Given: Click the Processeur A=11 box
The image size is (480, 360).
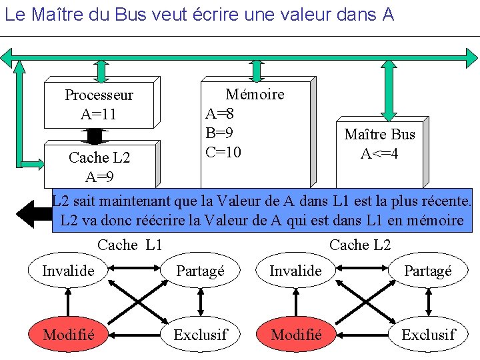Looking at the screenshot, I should click(x=99, y=105).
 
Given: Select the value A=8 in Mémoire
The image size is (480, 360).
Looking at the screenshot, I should click(x=219, y=113).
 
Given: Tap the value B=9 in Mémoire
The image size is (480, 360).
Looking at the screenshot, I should click(x=219, y=133).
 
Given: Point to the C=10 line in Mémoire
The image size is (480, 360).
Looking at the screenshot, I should click(x=223, y=152).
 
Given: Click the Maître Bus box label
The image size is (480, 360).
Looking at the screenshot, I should click(x=379, y=135).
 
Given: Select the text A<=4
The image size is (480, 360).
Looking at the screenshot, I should click(x=379, y=154).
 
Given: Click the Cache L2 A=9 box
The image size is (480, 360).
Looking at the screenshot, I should click(x=99, y=167).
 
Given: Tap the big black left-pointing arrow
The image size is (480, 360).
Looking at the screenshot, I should click(x=33, y=213).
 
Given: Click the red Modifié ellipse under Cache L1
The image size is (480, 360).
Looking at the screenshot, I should click(x=68, y=334).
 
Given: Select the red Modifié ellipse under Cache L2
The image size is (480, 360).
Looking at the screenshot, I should click(x=297, y=334).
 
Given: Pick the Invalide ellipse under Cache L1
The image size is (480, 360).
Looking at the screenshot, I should click(x=68, y=271).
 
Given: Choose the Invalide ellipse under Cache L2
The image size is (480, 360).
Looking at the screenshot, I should click(x=295, y=271).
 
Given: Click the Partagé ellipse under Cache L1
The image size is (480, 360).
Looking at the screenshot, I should click(x=201, y=271).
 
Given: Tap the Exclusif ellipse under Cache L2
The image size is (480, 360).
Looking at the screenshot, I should click(x=428, y=334).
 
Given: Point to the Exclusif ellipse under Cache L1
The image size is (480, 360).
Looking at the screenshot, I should click(x=201, y=334).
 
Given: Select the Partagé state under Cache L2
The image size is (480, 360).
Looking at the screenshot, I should click(x=428, y=271).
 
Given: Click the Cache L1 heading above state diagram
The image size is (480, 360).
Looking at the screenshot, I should click(x=130, y=245).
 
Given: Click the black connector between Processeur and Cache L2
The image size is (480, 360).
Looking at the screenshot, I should click(x=95, y=135).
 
